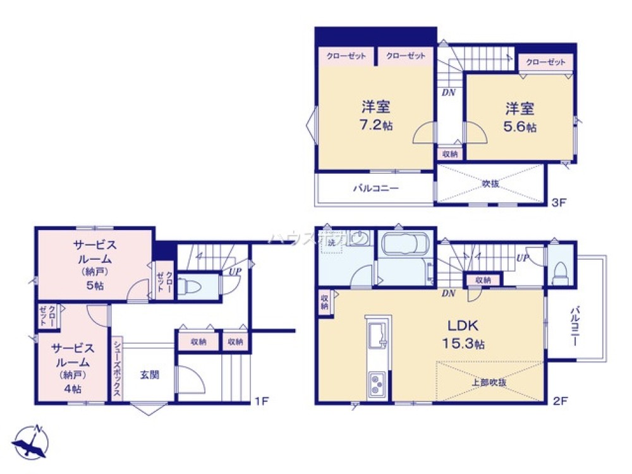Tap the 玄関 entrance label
click(150, 374)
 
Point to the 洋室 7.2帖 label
click(377, 115)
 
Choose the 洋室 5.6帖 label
click(520, 117)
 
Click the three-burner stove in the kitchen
click(378, 382)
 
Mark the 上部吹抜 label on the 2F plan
click(489, 382)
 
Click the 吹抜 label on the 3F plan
click(490, 184)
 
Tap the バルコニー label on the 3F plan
click(375, 188)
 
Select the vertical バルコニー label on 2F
click(576, 326)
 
